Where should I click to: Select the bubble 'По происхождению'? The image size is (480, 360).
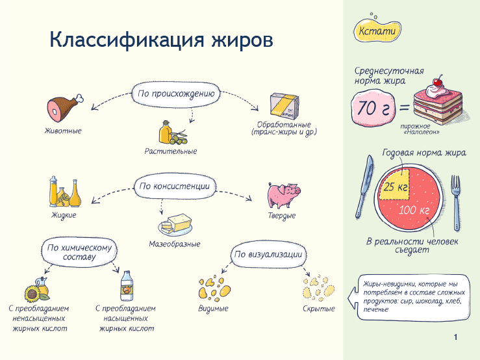pyautogui.click(x=175, y=93)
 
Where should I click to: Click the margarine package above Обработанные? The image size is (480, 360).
pyautogui.click(x=286, y=103)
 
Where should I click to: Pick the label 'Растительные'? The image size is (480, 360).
pyautogui.click(x=171, y=151)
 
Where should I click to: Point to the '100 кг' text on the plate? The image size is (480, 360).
pyautogui.click(x=414, y=211)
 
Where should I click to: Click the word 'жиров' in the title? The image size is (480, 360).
pyautogui.click(x=239, y=40)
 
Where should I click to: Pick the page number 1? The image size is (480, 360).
pyautogui.click(x=455, y=337)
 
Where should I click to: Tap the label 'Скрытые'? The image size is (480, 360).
pyautogui.click(x=318, y=309)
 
